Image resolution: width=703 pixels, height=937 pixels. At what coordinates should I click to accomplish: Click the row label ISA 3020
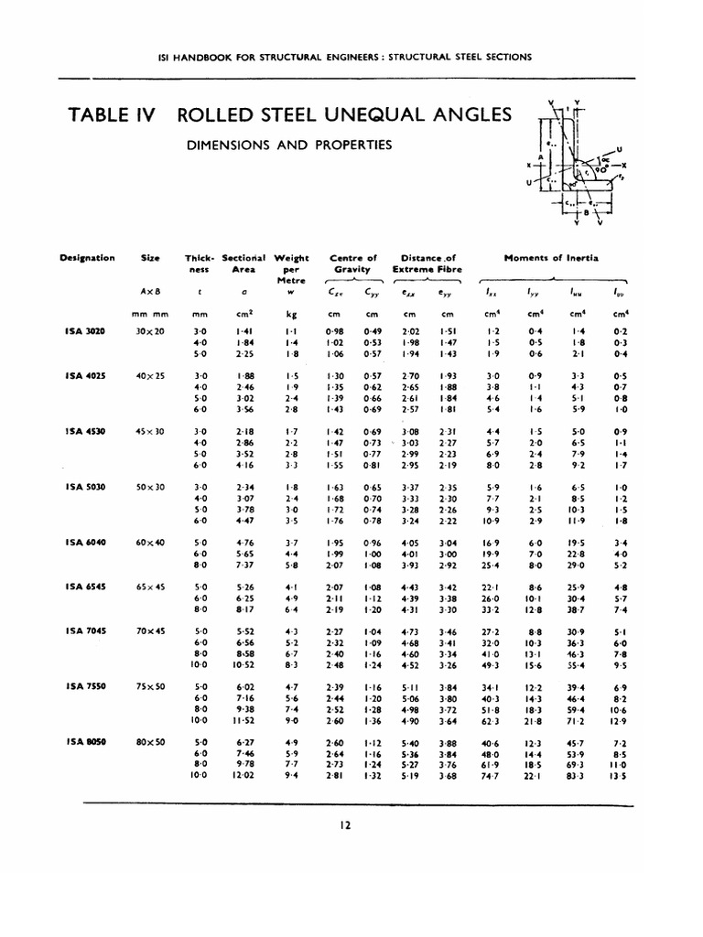(x=86, y=330)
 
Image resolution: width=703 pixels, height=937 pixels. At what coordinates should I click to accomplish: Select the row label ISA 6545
(x=86, y=586)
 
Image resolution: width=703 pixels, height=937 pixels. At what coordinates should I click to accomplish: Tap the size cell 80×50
(x=150, y=741)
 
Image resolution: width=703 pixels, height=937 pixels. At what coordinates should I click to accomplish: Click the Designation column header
(x=87, y=258)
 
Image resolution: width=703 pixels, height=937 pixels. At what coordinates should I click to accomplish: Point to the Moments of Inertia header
(x=551, y=258)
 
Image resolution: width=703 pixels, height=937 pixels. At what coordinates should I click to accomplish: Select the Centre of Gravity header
(x=352, y=264)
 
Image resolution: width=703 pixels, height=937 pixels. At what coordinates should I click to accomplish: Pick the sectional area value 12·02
(x=243, y=775)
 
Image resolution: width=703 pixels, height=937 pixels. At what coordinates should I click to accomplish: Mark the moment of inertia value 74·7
(x=491, y=775)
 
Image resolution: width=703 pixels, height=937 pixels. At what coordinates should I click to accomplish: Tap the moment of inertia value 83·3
(x=575, y=775)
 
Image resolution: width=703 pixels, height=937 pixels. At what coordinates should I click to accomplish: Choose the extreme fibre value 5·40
(x=410, y=741)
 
